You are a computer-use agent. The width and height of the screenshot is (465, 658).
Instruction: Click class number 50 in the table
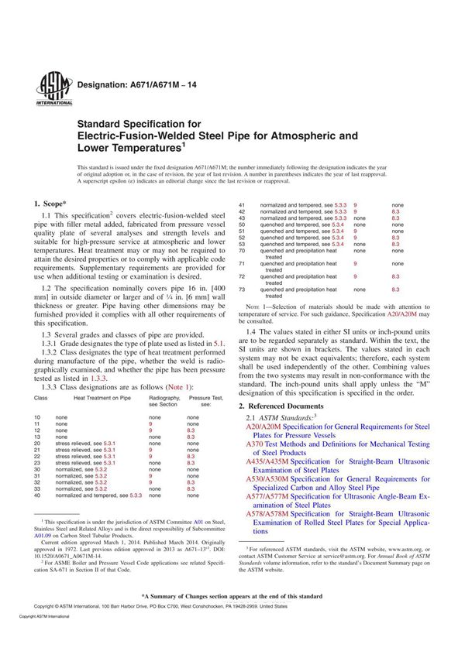(242, 224)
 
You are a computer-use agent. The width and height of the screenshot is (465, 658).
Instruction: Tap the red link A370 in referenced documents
(255, 444)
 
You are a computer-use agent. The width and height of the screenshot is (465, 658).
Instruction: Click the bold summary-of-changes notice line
(232, 618)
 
